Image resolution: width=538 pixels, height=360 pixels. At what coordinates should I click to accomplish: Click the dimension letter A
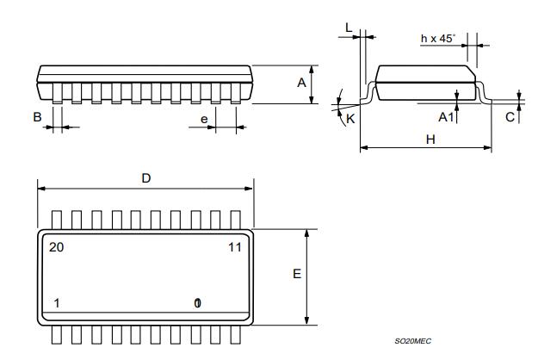[x=301, y=83]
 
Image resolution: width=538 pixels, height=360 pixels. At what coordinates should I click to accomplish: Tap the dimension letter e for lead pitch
[x=205, y=119]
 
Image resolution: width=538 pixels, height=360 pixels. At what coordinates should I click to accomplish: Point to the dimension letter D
[x=145, y=177]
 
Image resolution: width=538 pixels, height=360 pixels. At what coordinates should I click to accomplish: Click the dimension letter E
[x=296, y=274]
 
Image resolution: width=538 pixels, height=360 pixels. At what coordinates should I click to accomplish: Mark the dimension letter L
[x=349, y=28]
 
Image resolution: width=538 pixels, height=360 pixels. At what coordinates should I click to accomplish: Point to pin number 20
[x=57, y=247]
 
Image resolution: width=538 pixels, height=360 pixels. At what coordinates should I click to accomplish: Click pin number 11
[x=233, y=247]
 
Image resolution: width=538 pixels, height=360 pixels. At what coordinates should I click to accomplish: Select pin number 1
[x=57, y=303]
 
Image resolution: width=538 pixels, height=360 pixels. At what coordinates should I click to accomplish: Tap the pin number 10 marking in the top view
[x=197, y=303]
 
